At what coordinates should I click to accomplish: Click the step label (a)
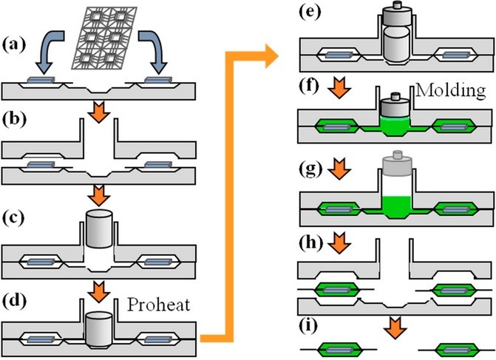tap(13, 45)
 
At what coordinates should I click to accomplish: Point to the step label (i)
tap(308, 326)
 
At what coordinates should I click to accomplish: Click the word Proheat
tap(159, 305)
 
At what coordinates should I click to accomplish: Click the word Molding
tap(450, 90)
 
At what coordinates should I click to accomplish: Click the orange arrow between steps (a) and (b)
tap(99, 112)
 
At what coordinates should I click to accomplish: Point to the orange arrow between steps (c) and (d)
tap(99, 292)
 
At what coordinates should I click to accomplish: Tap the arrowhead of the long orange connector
tap(271, 57)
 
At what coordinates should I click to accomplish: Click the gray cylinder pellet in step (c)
tap(99, 228)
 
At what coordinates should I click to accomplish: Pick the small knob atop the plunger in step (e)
tap(397, 5)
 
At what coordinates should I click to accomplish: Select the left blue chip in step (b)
tap(41, 165)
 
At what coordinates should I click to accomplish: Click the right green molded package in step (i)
tap(453, 350)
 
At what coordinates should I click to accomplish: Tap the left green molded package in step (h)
tap(336, 290)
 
